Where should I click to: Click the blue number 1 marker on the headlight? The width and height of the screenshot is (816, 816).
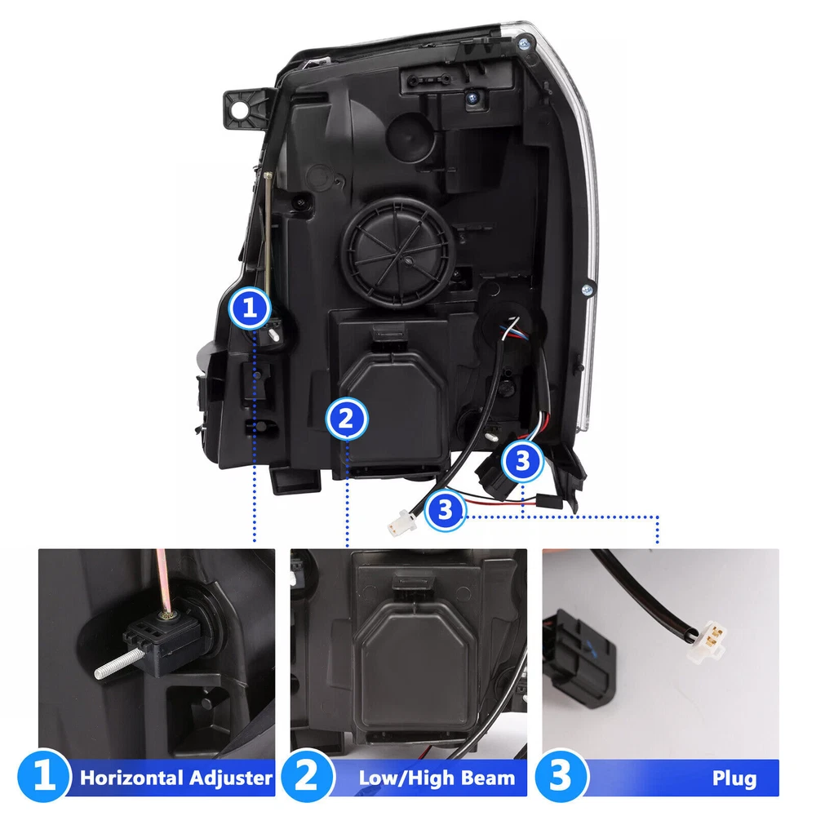pos(250,308)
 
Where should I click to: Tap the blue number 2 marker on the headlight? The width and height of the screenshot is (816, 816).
pos(347,419)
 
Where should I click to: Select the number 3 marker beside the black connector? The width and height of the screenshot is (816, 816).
pos(522,460)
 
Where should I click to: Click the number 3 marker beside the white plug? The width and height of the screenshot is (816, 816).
pos(445,510)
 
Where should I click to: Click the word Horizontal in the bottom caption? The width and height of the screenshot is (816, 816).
pos(132,778)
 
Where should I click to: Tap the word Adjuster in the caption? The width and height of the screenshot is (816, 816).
pos(231,778)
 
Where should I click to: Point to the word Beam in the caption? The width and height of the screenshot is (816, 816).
pos(488,778)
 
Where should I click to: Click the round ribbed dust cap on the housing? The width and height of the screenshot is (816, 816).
pos(398,254)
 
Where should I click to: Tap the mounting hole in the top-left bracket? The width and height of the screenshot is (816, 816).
pos(240,110)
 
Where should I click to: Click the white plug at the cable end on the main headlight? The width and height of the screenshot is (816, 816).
pos(402,522)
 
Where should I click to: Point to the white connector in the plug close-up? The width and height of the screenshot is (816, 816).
pos(707,642)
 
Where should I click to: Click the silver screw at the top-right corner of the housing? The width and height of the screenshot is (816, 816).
pos(526,43)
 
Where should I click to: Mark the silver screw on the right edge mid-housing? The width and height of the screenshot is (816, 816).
pos(588,289)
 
